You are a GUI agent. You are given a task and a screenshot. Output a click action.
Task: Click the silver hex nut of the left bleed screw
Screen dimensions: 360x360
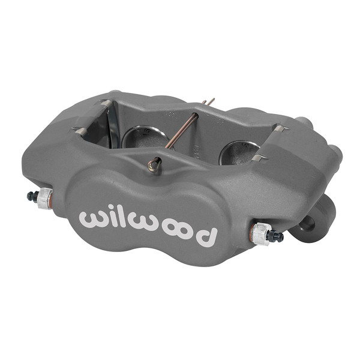(45, 198)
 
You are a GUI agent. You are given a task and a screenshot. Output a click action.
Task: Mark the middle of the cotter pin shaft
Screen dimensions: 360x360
(181, 133)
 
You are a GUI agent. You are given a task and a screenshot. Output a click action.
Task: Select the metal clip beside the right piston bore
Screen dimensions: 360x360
(259, 157)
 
